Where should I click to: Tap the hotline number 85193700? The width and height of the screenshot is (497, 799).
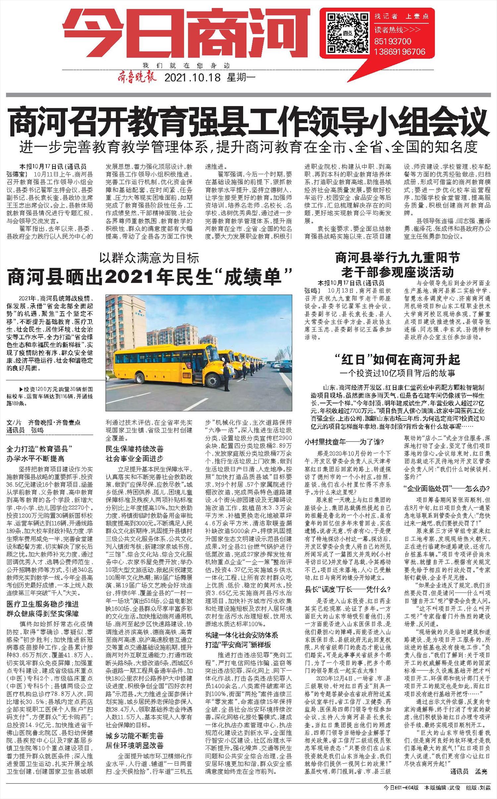point(393,42)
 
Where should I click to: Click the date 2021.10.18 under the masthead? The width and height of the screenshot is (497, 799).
point(193,78)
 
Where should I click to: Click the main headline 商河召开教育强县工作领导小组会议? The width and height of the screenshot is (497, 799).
point(248,122)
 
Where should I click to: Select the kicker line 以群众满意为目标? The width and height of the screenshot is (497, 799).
point(150,257)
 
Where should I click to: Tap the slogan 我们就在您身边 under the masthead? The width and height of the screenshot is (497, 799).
point(186,65)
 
